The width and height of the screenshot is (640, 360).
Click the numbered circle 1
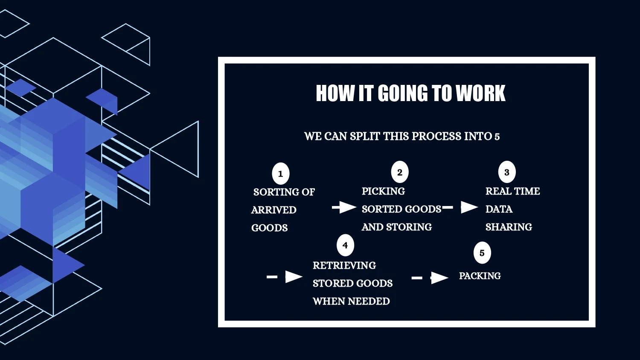281,174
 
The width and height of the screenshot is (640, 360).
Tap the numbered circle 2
400,172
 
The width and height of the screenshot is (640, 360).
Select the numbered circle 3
507,172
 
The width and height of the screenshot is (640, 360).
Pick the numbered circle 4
345,245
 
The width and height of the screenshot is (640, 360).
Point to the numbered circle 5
482,253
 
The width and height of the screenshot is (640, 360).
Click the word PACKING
480,276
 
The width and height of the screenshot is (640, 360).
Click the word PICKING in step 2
383,191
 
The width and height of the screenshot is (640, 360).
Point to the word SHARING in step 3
509,227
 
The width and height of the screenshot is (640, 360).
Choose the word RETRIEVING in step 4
344,265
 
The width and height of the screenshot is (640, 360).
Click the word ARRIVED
274,210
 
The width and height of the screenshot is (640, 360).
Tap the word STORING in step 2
409,227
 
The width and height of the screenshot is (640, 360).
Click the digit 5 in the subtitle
497,137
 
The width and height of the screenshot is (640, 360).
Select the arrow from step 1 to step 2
344,207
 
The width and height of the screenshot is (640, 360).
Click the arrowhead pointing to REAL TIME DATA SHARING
469,207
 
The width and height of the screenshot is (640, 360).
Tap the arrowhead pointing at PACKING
439,278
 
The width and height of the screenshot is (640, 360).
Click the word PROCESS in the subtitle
436,136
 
